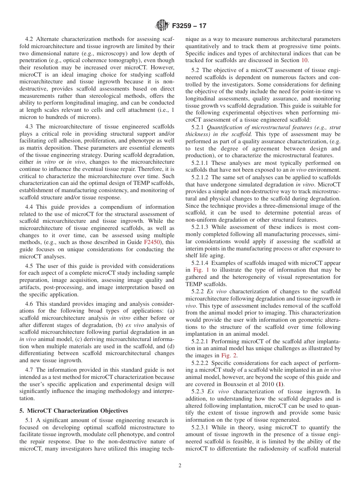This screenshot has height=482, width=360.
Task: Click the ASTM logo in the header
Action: coord(162,26)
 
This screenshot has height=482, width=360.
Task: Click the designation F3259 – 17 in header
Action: coord(189,26)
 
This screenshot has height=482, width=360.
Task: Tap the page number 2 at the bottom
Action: coord(180,466)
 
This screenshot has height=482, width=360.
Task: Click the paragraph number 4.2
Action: coord(30,39)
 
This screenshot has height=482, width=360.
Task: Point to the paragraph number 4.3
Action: coord(30,126)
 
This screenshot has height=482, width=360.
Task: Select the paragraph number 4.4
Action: coord(30,207)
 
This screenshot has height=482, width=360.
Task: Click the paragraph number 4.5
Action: coord(30,266)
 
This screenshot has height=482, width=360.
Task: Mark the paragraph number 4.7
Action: coord(30,370)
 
